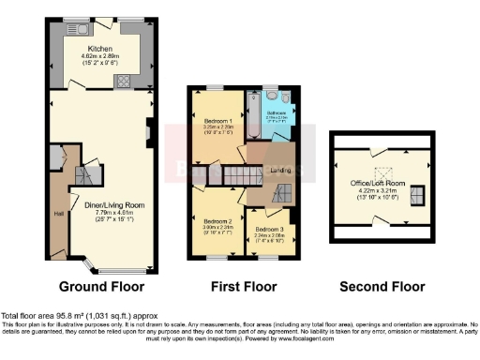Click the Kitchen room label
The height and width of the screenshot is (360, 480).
(100, 49)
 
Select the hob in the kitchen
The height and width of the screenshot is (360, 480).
(122, 80)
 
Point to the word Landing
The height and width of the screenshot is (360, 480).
(280, 170)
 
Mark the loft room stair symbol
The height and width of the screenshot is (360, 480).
(419, 194)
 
